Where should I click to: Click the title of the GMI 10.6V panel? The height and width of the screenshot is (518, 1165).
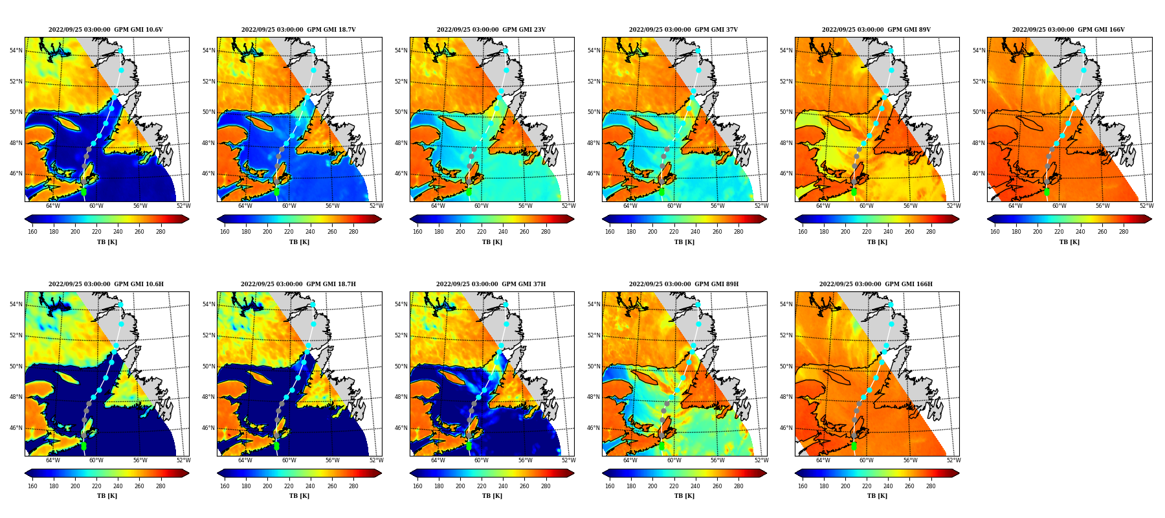(105, 30)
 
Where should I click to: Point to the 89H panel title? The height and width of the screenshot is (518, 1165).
(683, 284)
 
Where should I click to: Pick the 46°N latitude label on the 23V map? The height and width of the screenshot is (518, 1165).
(401, 174)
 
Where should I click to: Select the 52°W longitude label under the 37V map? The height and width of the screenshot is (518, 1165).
(761, 206)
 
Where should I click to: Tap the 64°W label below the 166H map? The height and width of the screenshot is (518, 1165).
(823, 460)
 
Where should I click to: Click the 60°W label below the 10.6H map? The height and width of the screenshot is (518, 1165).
(96, 460)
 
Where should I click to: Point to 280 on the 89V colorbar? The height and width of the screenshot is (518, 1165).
(931, 232)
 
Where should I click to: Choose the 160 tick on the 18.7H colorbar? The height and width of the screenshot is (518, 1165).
(225, 486)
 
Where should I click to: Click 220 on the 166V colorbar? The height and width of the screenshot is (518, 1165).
(1059, 232)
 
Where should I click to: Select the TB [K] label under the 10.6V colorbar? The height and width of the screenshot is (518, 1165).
(107, 242)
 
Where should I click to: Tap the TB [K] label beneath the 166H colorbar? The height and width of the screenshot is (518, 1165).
(877, 496)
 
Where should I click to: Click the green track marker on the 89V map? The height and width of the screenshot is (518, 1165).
(854, 192)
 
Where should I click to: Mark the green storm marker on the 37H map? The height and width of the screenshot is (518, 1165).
(469, 446)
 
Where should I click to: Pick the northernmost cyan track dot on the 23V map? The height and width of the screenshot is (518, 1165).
(505, 51)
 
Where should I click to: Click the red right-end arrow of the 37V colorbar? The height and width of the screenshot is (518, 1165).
(764, 219)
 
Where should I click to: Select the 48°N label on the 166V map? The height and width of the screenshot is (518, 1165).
(979, 143)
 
